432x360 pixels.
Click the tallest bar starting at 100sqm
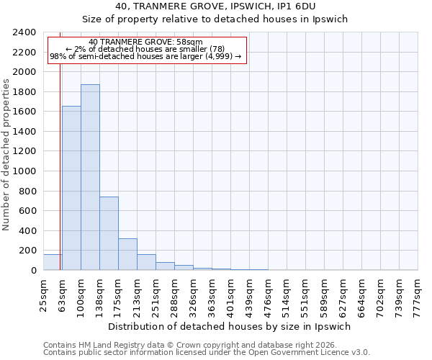tap(90, 177)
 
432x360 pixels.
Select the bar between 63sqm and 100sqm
tap(71, 188)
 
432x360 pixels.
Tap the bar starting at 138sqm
tap(109, 233)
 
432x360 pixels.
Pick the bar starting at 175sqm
tap(127, 254)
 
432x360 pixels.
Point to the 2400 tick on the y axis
tap(24, 33)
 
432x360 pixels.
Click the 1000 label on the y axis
tap(24, 171)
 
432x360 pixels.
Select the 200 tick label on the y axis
tap(27, 251)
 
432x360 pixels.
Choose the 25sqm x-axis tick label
tap(44, 294)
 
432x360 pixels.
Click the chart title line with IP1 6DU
tap(215, 6)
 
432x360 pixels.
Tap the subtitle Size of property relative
tap(215, 19)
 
